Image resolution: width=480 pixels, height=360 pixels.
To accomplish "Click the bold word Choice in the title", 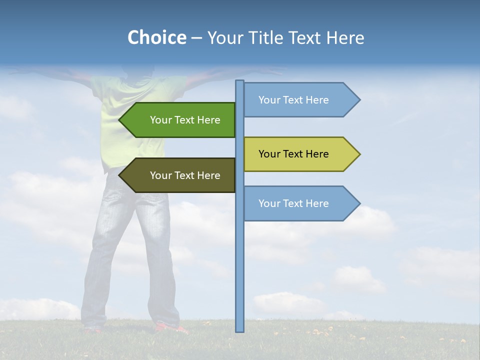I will tap(156, 37).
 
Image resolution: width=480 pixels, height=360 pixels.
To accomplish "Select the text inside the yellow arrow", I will tap(293, 154).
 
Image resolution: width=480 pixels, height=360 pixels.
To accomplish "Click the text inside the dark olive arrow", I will tap(185, 175).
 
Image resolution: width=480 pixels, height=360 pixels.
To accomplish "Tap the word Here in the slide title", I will tap(345, 37).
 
